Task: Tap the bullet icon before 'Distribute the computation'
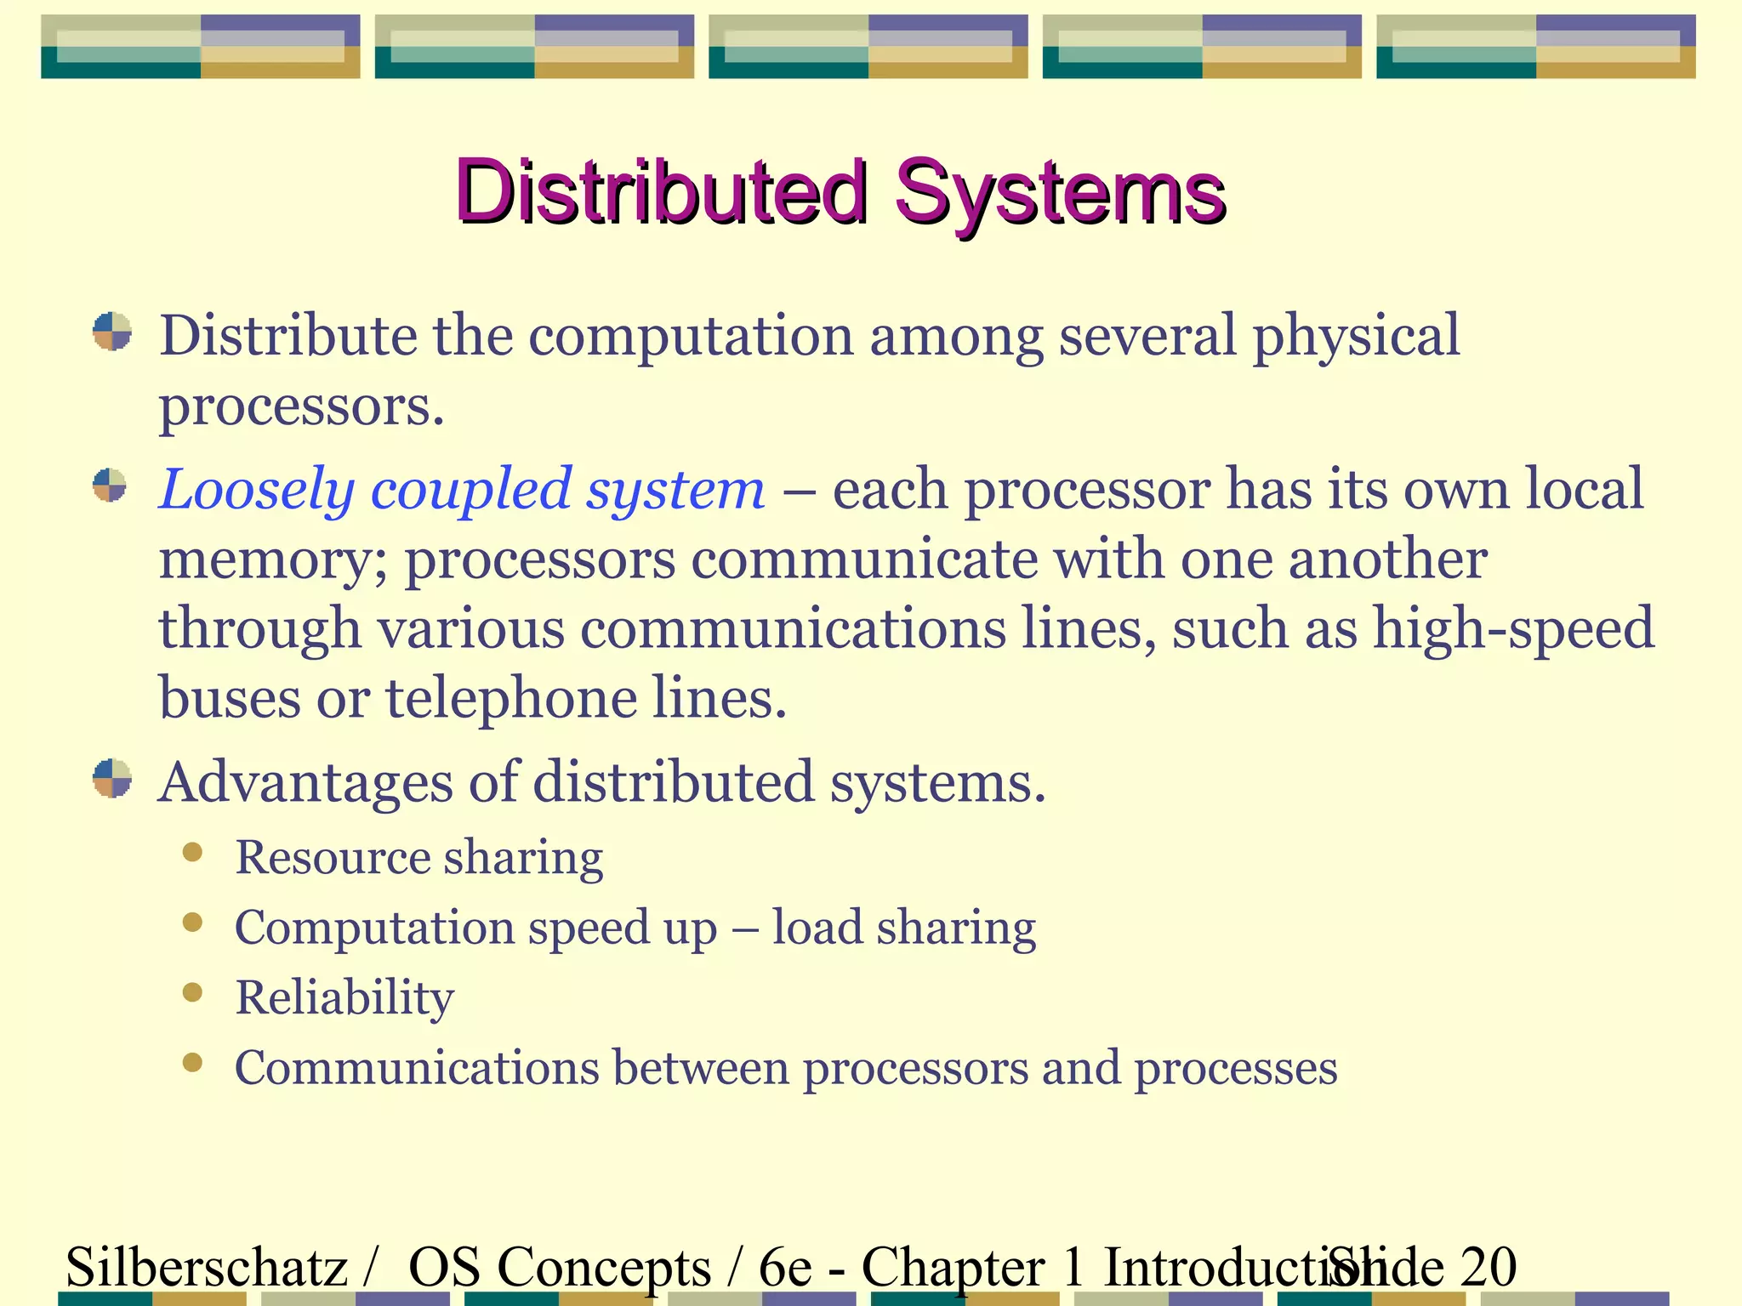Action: click(x=112, y=332)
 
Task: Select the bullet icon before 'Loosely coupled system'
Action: click(x=110, y=485)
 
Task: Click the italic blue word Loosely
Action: click(x=256, y=490)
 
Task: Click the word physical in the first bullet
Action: click(x=1356, y=337)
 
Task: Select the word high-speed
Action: click(x=1514, y=629)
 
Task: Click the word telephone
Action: click(x=510, y=699)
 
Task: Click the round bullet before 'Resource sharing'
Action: click(x=193, y=852)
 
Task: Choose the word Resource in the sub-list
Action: click(x=333, y=857)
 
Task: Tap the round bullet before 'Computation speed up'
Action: click(x=193, y=923)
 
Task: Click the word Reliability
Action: click(x=344, y=997)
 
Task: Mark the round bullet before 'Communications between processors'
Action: click(x=193, y=1063)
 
